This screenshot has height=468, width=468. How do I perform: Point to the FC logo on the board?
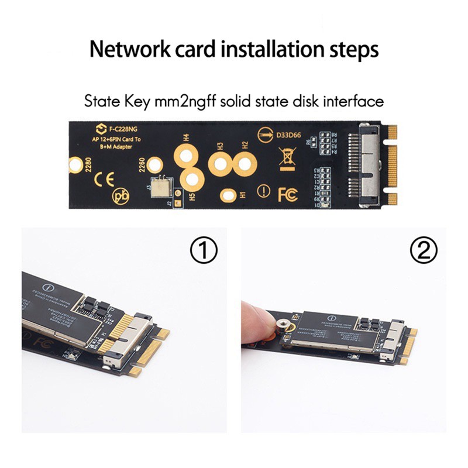point(287,193)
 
